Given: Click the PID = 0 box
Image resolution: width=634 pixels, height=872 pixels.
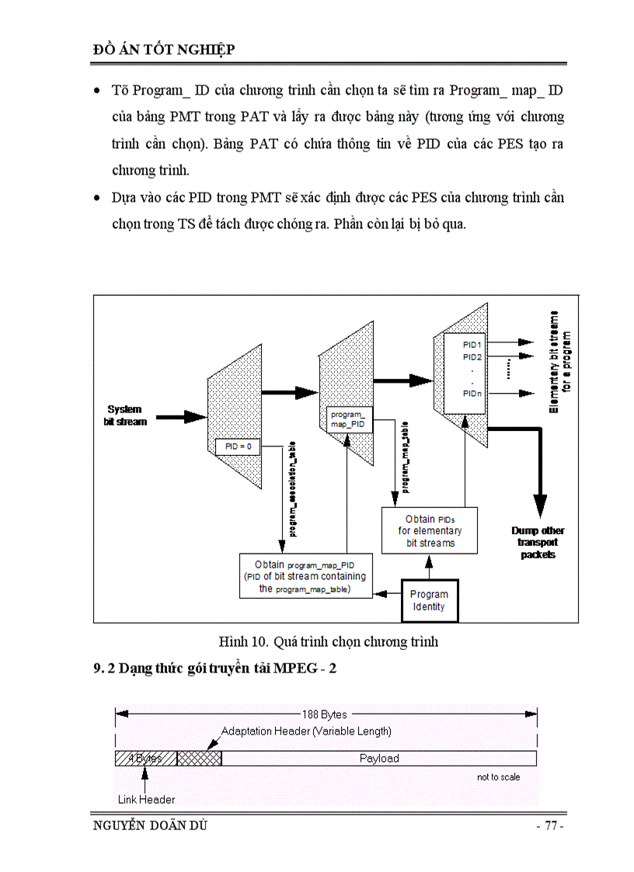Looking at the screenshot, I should pyautogui.click(x=238, y=447).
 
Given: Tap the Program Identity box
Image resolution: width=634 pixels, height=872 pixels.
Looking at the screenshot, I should pyautogui.click(x=429, y=600).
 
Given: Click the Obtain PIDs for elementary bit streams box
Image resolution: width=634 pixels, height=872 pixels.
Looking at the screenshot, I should pyautogui.click(x=430, y=531).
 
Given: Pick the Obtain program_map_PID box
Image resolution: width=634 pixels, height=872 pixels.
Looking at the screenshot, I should pyautogui.click(x=305, y=576).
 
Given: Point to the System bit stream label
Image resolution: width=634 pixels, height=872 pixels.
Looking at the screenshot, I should pyautogui.click(x=125, y=415).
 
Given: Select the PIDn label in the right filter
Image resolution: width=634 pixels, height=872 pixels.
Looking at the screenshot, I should pyautogui.click(x=472, y=394).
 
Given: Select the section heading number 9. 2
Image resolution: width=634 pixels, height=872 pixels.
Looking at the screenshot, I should pyautogui.click(x=105, y=668).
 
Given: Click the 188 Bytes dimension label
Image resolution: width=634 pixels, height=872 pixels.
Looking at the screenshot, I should pyautogui.click(x=325, y=714).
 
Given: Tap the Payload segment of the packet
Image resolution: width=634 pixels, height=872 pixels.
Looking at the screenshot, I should pyautogui.click(x=378, y=758).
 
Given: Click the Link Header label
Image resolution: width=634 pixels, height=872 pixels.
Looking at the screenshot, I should pyautogui.click(x=146, y=799).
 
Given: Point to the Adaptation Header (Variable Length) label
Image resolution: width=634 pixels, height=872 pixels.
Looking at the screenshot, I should pyautogui.click(x=306, y=731).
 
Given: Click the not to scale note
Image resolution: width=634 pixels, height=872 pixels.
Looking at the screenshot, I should pyautogui.click(x=498, y=776).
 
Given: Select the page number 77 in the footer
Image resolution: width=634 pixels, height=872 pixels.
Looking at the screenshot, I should pyautogui.click(x=549, y=826).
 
